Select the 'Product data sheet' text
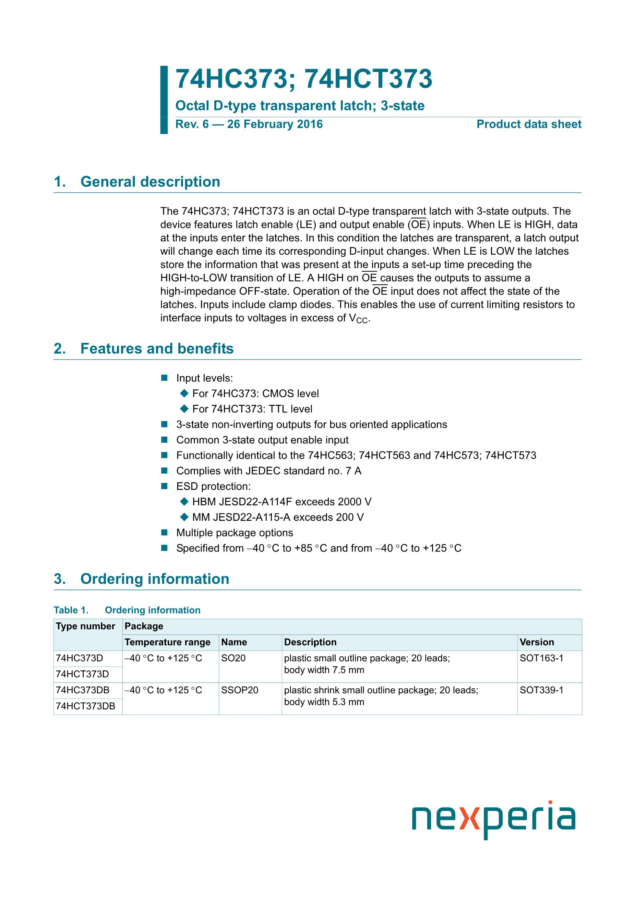(529, 124)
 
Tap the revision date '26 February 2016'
(275, 124)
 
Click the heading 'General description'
(150, 182)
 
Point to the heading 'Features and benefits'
(157, 349)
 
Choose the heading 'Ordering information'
(155, 579)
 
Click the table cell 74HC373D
(80, 658)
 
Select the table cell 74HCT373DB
(85, 706)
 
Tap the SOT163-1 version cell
(541, 658)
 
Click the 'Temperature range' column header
(167, 642)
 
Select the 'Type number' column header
(85, 626)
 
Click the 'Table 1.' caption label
(71, 610)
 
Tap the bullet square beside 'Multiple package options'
(164, 533)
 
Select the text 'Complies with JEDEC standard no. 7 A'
(269, 471)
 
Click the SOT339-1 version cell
(541, 690)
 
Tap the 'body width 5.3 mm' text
(324, 702)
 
